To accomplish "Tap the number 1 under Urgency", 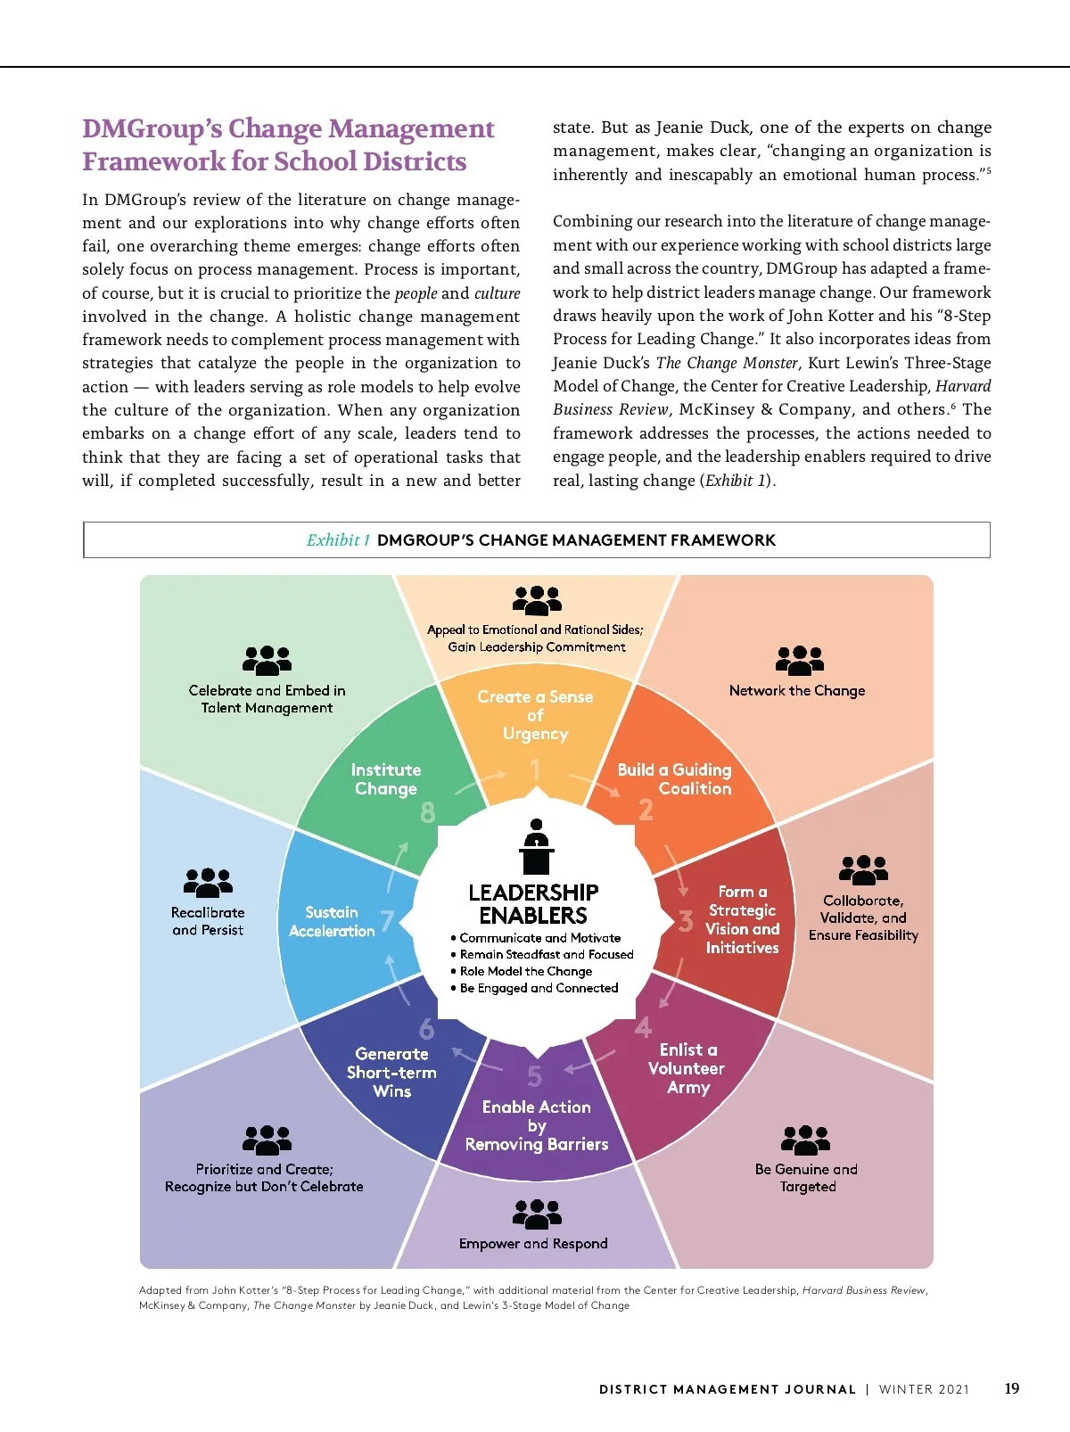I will coord(535,769).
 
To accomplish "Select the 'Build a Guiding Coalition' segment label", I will coord(675,779).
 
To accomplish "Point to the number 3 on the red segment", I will coord(685,921).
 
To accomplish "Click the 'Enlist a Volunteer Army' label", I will coord(687,1068).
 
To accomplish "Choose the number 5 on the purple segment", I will coord(534,1076).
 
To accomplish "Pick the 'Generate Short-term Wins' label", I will coord(391,1072).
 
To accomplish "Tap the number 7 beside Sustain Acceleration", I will coord(387,921).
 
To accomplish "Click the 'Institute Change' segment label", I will coord(386,779).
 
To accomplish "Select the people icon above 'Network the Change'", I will coord(799,661).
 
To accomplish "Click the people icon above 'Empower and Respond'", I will coord(537,1214).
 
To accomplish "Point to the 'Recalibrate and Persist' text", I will coord(208,921).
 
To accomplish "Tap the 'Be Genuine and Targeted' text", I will coord(806,1177).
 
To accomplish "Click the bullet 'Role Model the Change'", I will coord(525,971).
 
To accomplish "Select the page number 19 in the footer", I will coord(1011,1388).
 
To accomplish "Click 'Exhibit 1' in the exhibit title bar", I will coord(337,540).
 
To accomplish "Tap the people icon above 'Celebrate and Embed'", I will coord(267,661).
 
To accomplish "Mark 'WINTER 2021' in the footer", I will coord(924,1389).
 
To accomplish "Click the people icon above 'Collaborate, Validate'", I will coord(862,869).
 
